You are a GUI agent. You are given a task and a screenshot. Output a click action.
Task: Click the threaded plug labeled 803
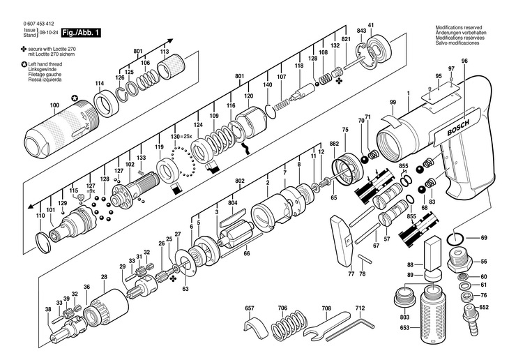(404, 303)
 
